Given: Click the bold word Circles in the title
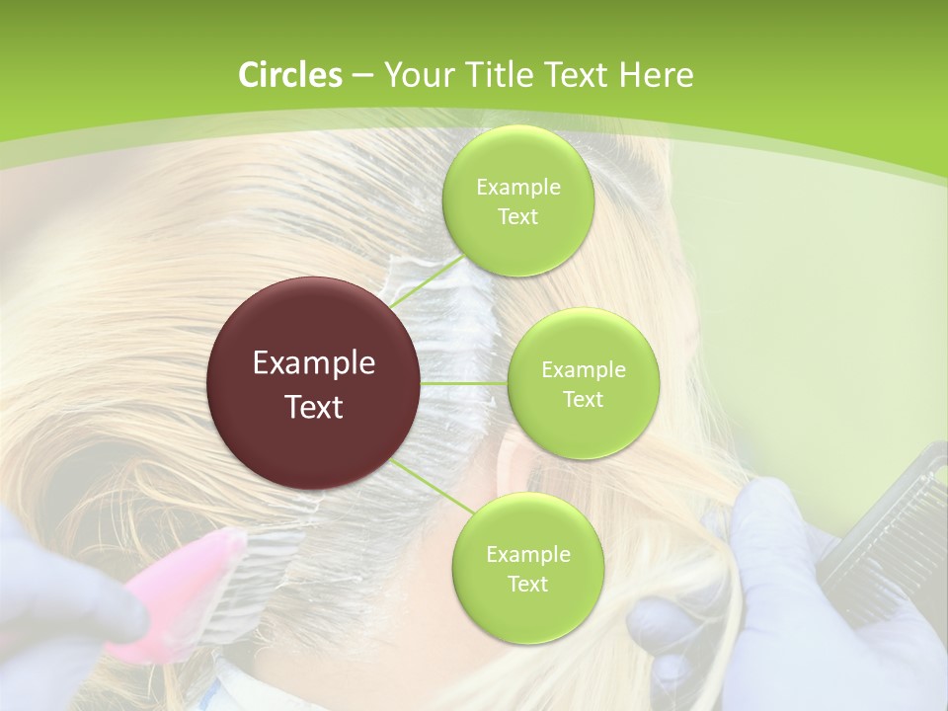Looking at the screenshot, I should [289, 75].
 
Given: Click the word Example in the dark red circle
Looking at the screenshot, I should [314, 363].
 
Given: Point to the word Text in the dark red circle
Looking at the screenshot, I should [314, 407].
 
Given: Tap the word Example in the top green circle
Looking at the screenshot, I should [517, 188].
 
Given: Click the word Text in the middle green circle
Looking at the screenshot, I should [583, 400].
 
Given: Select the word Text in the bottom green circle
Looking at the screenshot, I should [527, 585].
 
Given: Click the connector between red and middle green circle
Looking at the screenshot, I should [464, 383].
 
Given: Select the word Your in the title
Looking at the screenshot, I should [415, 76].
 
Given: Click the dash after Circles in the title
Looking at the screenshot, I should [361, 76].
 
